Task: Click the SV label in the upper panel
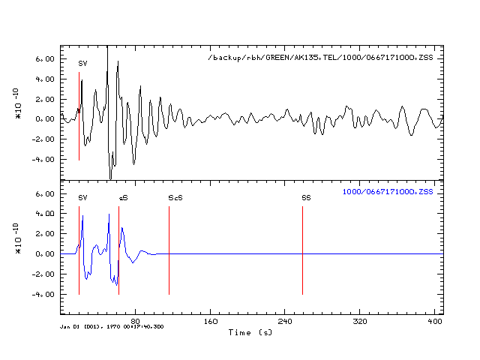click(x=82, y=64)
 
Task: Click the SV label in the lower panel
click(x=82, y=198)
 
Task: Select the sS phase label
click(x=123, y=198)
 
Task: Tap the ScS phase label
click(x=175, y=198)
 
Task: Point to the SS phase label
click(x=306, y=198)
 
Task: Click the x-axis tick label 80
click(x=135, y=321)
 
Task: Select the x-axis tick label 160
click(x=211, y=321)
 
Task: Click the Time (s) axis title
click(x=250, y=332)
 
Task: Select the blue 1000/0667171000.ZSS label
click(x=388, y=192)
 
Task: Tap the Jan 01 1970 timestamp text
click(x=113, y=326)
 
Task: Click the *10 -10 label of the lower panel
click(x=18, y=238)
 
